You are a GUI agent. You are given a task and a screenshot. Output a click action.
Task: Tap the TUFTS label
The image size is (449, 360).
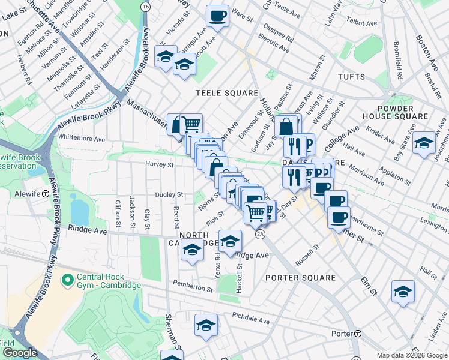(x=351, y=77)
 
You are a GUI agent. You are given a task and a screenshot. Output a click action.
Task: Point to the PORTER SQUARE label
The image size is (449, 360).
(x=300, y=278)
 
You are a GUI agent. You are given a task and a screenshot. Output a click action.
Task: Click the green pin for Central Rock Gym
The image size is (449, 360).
(x=67, y=280)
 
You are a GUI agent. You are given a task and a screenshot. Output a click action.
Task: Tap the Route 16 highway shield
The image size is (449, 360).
(x=145, y=6)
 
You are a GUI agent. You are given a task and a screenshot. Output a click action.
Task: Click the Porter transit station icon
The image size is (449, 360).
(x=357, y=334)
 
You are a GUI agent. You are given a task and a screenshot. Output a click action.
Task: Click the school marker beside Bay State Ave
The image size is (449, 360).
(x=424, y=143)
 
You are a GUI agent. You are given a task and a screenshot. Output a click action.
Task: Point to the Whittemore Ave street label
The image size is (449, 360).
(x=81, y=138)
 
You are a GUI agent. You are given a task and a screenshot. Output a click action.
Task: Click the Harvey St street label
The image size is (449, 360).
(x=159, y=164)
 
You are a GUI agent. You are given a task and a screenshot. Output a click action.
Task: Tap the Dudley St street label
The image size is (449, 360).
(x=169, y=195)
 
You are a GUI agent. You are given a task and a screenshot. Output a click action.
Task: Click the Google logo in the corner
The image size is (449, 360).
(x=20, y=353)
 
